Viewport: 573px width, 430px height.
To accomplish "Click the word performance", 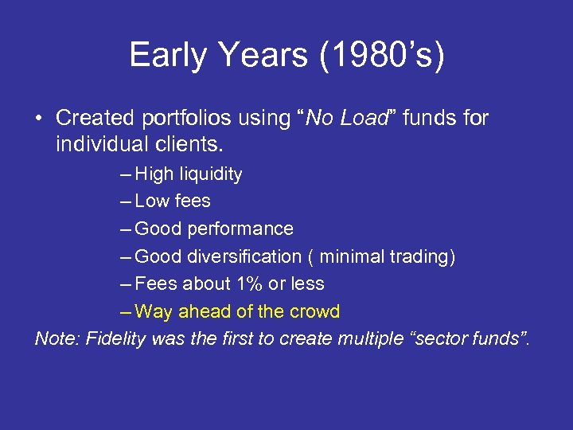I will [240, 229].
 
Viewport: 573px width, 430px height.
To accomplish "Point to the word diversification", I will [244, 256].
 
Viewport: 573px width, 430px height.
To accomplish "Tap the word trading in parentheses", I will [424, 256].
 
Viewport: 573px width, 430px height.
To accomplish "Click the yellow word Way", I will [154, 311].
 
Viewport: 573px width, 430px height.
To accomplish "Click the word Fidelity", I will [115, 338].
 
